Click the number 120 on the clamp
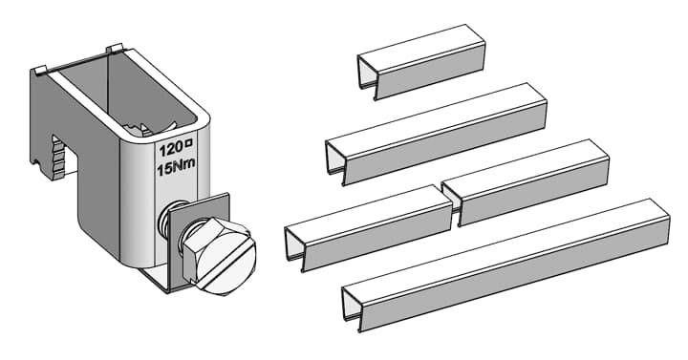click(170, 150)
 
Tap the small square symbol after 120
click(189, 142)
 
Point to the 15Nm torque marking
click(176, 167)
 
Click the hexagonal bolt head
click(219, 256)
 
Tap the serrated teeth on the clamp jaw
click(58, 158)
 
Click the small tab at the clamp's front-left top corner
click(40, 70)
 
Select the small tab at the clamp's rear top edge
click(114, 49)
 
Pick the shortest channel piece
click(421, 62)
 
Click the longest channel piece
click(505, 265)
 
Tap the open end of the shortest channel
click(367, 74)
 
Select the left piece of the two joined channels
click(369, 228)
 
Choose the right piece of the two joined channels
click(526, 182)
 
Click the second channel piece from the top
click(436, 134)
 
